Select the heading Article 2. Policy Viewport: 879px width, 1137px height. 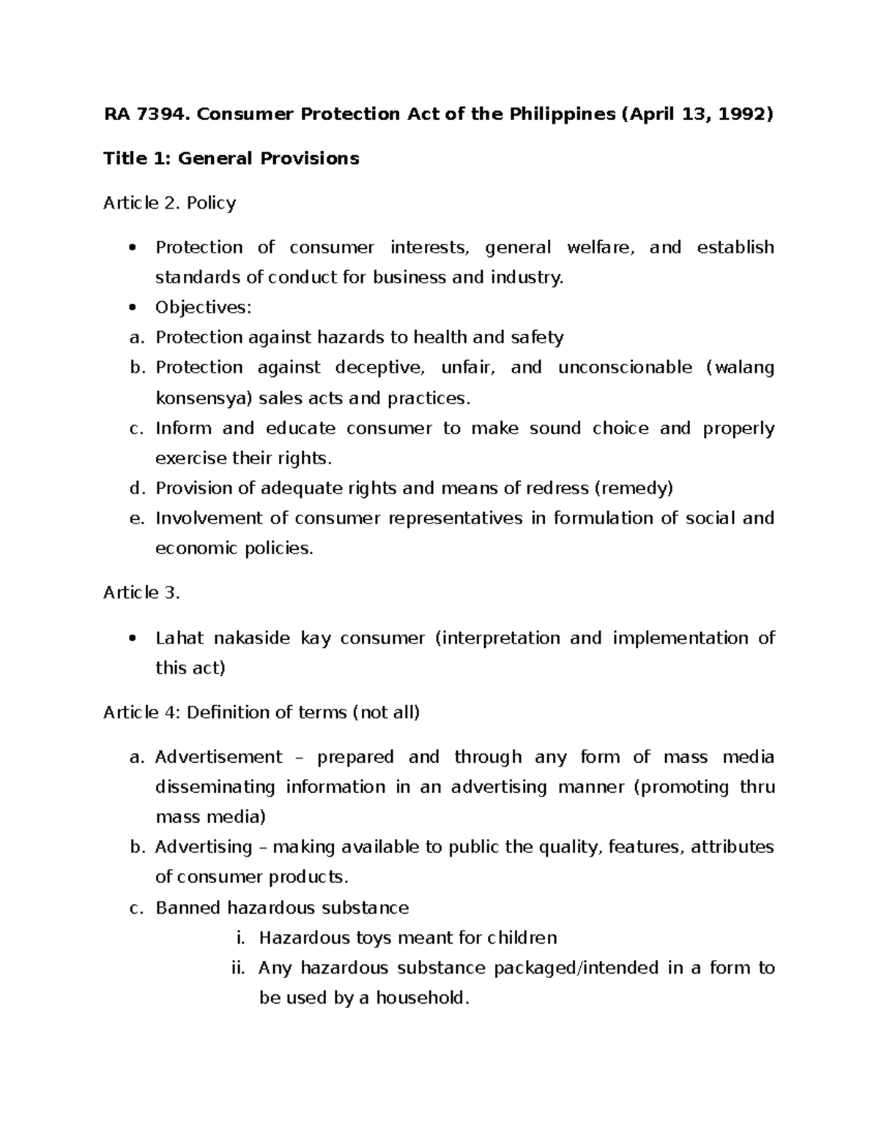point(169,203)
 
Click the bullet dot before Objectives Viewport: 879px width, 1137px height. point(132,308)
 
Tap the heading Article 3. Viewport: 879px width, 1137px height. point(141,593)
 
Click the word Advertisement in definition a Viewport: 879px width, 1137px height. point(218,757)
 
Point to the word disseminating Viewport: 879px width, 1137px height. point(215,787)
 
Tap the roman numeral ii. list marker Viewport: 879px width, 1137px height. point(237,968)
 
